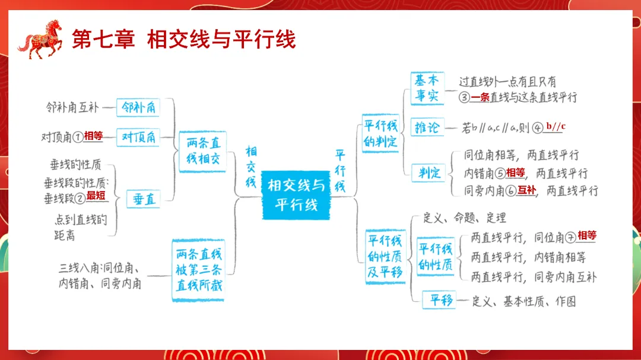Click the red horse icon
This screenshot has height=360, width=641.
[40, 39]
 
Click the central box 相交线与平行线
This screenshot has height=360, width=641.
[296, 195]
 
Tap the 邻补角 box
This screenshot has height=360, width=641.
[138, 108]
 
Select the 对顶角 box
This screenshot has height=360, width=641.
[138, 137]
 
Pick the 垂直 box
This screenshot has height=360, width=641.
[143, 199]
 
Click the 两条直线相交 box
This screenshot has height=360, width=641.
[202, 151]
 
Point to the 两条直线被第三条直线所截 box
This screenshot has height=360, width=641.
[199, 270]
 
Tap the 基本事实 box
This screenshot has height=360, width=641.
[427, 88]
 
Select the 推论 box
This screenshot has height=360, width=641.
[427, 127]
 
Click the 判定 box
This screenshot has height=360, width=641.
[429, 173]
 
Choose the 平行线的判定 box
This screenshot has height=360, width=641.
[380, 135]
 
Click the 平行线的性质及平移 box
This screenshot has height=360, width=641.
[385, 257]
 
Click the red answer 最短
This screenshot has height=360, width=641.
[96, 195]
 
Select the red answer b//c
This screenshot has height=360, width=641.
[556, 126]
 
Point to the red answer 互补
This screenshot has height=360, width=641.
[526, 190]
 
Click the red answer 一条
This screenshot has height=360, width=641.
[480, 97]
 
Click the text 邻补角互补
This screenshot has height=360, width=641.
[72, 108]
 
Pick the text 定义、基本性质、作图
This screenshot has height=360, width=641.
[524, 301]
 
